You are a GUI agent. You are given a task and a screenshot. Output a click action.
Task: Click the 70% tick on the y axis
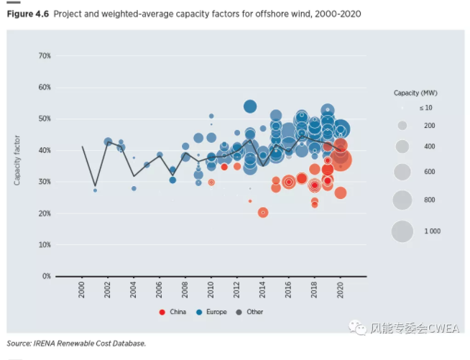[44, 56]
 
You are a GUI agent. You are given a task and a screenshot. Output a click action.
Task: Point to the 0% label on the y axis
[46, 276]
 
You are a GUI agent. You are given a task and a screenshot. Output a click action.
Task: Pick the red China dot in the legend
[162, 312]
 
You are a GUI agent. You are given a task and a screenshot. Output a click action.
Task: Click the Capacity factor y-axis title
[17, 160]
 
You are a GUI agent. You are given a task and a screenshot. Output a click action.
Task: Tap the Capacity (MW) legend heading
[415, 93]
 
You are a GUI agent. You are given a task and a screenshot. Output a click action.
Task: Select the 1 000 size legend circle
[402, 231]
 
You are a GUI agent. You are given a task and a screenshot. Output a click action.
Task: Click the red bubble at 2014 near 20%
[263, 212]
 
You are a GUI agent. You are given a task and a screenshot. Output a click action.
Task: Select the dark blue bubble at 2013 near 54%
[250, 106]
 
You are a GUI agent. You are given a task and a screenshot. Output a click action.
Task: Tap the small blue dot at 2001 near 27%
[95, 190]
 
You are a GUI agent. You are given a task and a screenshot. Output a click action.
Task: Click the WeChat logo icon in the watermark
[358, 328]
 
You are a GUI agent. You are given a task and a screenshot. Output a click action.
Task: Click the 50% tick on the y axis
[44, 119]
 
